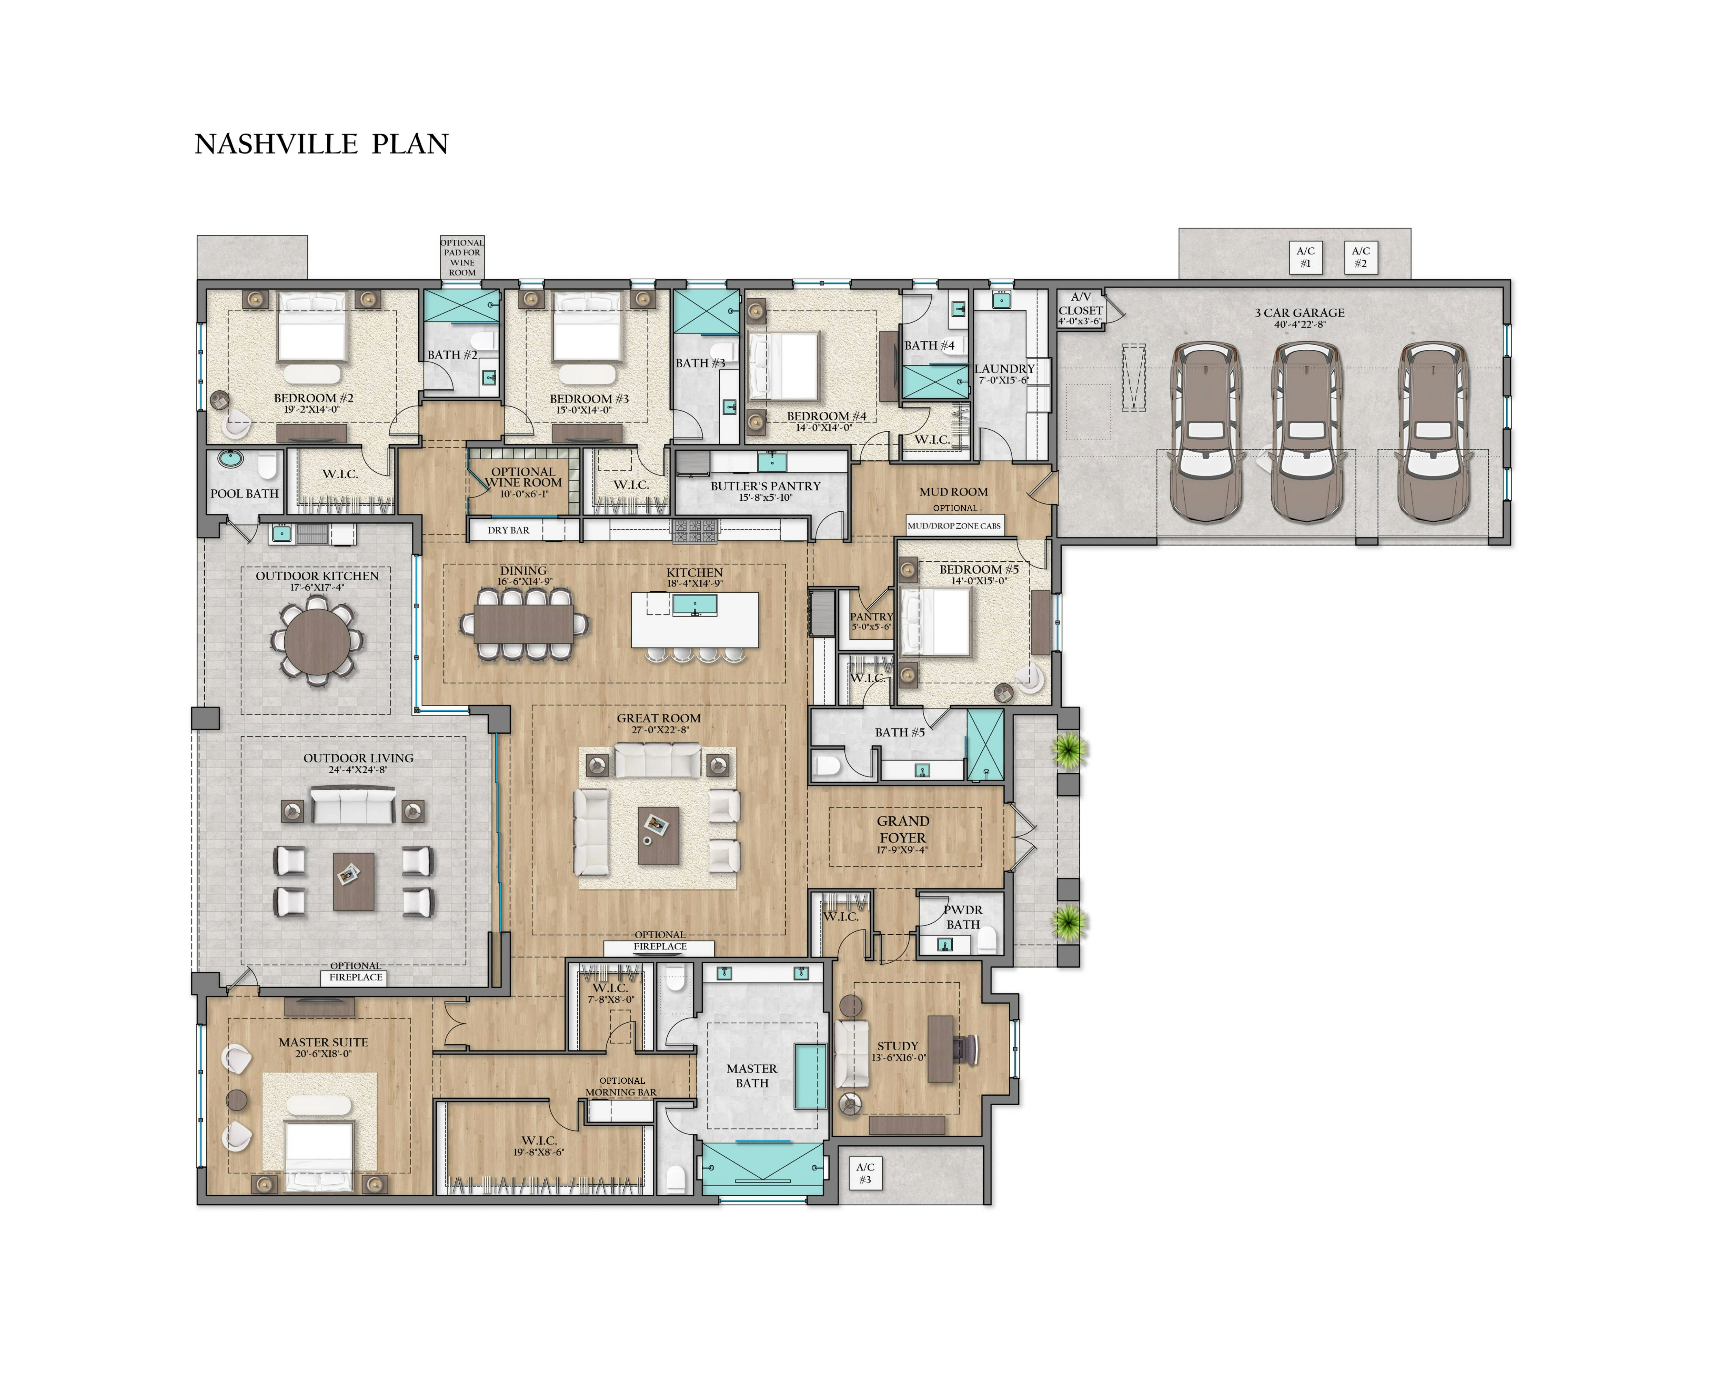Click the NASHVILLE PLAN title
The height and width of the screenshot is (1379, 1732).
(x=321, y=144)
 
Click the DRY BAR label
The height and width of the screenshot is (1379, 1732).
(x=509, y=530)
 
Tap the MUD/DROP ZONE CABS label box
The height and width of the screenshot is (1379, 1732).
(x=954, y=525)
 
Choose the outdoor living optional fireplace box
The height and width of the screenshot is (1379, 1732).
(x=356, y=977)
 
